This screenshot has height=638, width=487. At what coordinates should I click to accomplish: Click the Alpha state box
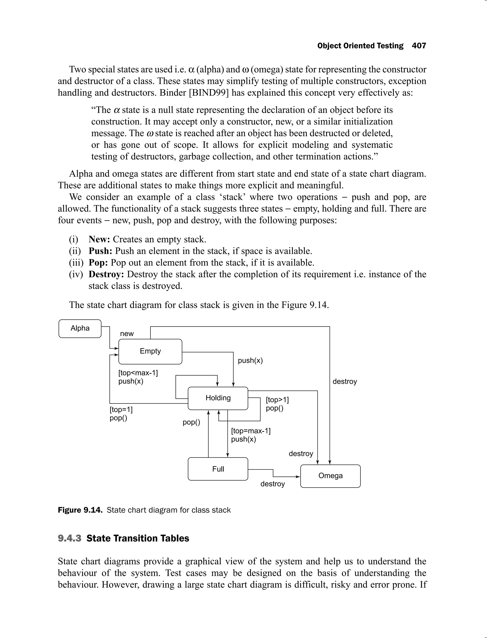coord(80,329)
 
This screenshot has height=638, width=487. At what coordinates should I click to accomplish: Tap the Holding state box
coord(218,398)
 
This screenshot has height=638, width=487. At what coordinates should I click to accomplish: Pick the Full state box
coord(218,469)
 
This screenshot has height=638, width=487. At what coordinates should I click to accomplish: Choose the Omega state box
coord(331,476)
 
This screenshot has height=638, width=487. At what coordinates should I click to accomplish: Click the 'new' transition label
coord(127,334)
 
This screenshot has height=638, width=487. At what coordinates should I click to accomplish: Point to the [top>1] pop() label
coord(277,404)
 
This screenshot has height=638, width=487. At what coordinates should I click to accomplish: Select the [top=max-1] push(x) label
coord(250,435)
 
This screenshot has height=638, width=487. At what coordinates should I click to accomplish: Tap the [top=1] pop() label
coord(121,414)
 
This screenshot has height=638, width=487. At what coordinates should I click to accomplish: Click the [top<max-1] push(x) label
coord(138,377)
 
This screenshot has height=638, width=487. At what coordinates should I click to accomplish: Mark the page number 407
coord(419,46)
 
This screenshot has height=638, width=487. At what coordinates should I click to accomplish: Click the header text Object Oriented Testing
coord(360,46)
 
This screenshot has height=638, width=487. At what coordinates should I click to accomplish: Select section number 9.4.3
coord(70,538)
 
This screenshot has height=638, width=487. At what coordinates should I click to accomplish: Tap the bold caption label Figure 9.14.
coord(80,510)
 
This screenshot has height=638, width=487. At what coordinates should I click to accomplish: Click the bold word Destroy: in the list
coord(106,274)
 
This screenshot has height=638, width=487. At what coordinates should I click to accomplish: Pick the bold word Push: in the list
coord(100,251)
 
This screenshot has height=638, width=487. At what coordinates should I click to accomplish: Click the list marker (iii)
coord(76,262)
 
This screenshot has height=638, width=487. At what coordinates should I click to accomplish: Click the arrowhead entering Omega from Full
coord(298,476)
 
